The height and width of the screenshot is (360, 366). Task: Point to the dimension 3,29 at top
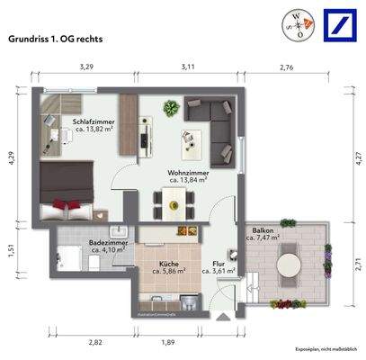coord(86,67)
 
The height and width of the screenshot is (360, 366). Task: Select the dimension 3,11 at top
coord(187,67)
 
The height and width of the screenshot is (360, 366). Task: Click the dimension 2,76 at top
coord(287,67)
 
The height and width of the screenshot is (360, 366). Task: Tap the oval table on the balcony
coord(289,265)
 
